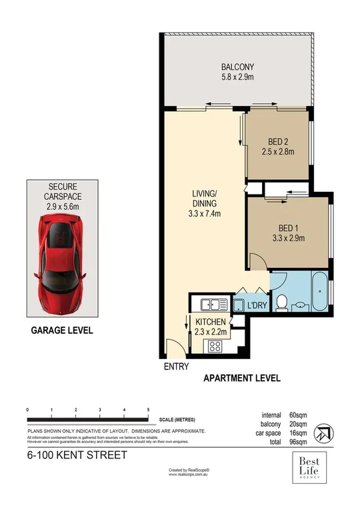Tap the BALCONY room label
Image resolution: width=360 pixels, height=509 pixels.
click(238, 67)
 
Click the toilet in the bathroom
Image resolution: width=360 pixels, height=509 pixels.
click(283, 303)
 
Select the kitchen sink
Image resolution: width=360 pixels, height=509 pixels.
click(213, 305)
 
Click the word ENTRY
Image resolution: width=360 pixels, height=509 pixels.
click(176, 366)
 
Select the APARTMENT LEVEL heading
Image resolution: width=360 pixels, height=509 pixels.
click(241, 378)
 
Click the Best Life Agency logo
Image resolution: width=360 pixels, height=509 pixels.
click(311, 465)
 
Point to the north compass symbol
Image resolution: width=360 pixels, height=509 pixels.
click(323, 432)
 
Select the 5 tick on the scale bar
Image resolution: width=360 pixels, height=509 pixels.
click(147, 410)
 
